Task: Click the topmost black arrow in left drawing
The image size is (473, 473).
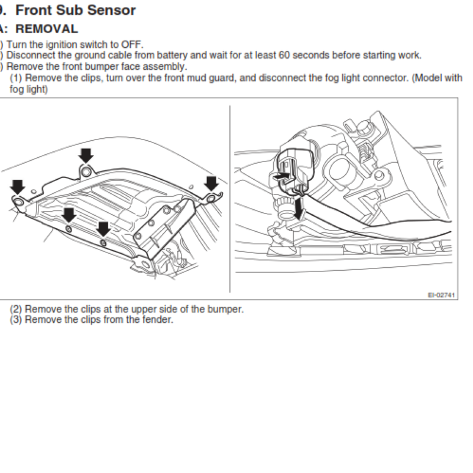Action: [x=86, y=155]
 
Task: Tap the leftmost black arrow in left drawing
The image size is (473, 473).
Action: [x=17, y=187]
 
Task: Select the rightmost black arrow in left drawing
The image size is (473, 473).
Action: [x=211, y=183]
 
